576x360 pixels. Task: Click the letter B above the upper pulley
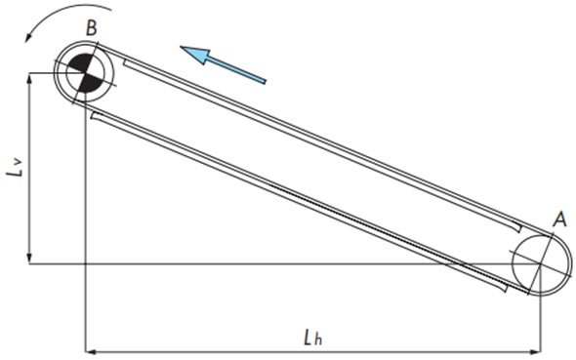coord(91,28)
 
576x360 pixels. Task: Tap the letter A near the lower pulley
coord(559,220)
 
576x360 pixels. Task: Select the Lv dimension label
coord(14,171)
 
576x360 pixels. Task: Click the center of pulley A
coord(540,263)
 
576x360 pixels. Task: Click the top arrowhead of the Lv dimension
coord(31,79)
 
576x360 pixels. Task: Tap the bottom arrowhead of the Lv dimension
coord(31,258)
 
